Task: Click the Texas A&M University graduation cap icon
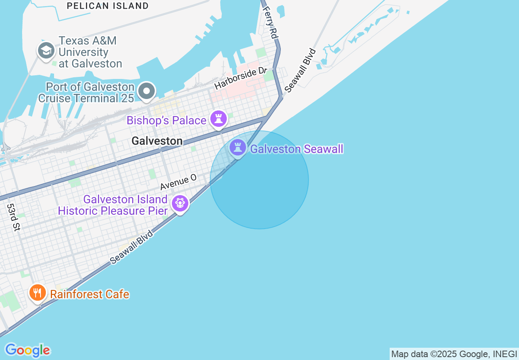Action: [x=46, y=51]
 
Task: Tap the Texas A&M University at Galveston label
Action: [x=90, y=52]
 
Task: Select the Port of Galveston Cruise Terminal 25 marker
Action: [x=146, y=91]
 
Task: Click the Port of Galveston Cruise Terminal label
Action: [x=86, y=92]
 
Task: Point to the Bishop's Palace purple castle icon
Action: [x=219, y=119]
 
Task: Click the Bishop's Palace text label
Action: [x=166, y=120]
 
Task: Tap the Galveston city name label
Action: [x=157, y=141]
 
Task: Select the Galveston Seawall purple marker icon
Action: [x=237, y=147]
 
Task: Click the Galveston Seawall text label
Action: [x=297, y=149]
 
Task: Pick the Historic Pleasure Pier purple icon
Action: [x=180, y=203]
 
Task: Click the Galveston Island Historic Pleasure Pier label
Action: [x=113, y=205]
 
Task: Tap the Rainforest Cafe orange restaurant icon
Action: [x=37, y=293]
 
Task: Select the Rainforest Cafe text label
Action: [x=90, y=294]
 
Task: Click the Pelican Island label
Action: [x=108, y=6]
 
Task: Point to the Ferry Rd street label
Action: [x=270, y=22]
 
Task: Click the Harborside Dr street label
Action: [x=240, y=79]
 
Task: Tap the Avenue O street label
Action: [x=178, y=182]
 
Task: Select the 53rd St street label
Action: [x=13, y=217]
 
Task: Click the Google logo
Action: [x=27, y=350]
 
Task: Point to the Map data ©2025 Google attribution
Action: [x=454, y=354]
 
